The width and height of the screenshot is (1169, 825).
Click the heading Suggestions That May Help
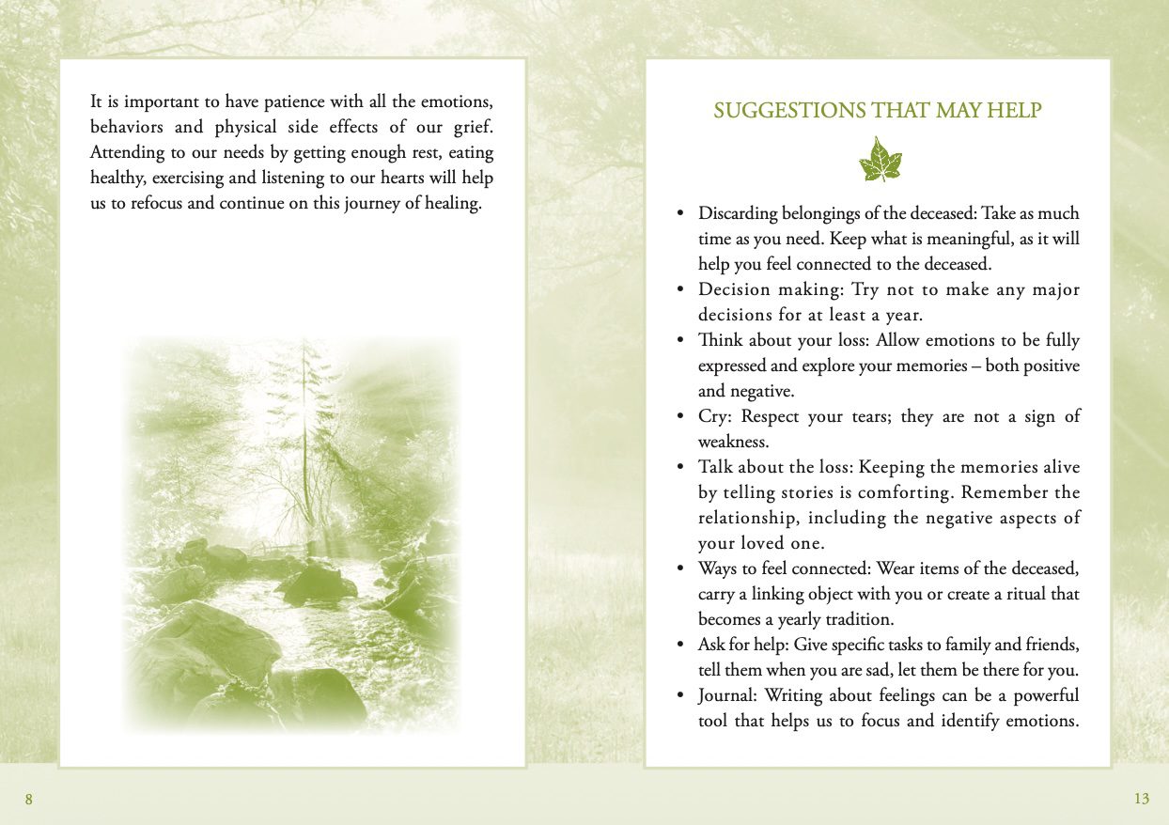click(877, 111)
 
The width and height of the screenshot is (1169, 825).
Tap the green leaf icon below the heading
click(881, 160)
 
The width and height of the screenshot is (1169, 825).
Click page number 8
click(29, 800)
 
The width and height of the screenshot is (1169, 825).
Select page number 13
click(1141, 800)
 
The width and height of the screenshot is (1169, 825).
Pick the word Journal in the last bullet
click(727, 695)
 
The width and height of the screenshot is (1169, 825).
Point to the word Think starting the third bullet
click(721, 340)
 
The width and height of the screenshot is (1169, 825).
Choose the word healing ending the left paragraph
click(451, 203)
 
